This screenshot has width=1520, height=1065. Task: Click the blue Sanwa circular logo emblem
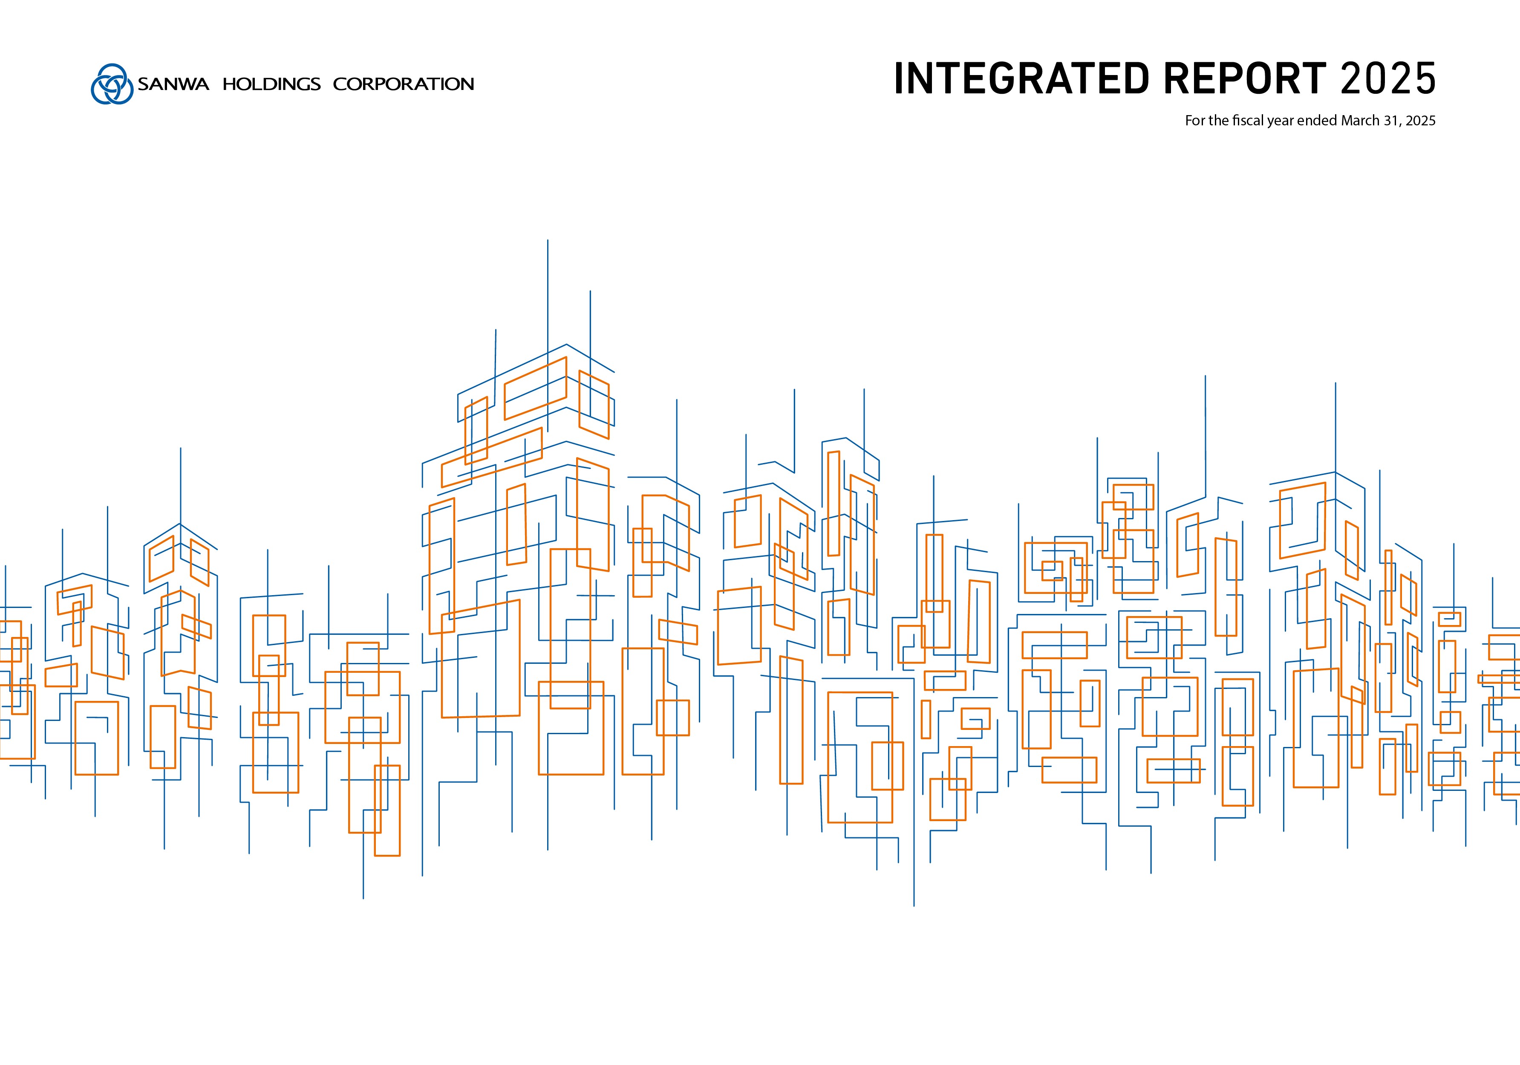(112, 84)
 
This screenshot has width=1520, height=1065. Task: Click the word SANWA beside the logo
(173, 84)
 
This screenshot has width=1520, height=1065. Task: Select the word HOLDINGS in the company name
(271, 84)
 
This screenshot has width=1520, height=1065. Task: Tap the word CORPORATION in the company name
(403, 84)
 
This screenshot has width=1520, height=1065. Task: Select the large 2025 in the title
(1387, 79)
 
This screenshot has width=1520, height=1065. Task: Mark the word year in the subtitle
(1281, 121)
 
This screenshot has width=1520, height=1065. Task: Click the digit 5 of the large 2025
(1423, 79)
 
